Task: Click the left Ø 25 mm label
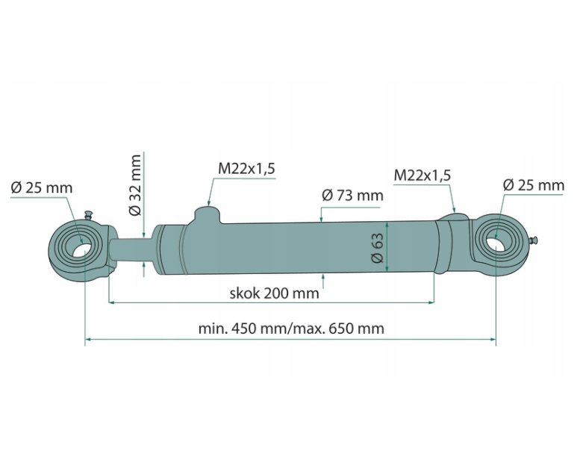[x=42, y=187]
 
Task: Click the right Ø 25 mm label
[x=533, y=185]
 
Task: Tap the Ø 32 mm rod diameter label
[x=135, y=184]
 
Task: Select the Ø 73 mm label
[x=352, y=195]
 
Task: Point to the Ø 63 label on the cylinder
[x=378, y=248]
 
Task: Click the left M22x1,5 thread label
[x=246, y=169]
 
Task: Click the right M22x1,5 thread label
[x=423, y=175]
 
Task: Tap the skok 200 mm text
[x=274, y=293]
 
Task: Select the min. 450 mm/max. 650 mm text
[x=291, y=329]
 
